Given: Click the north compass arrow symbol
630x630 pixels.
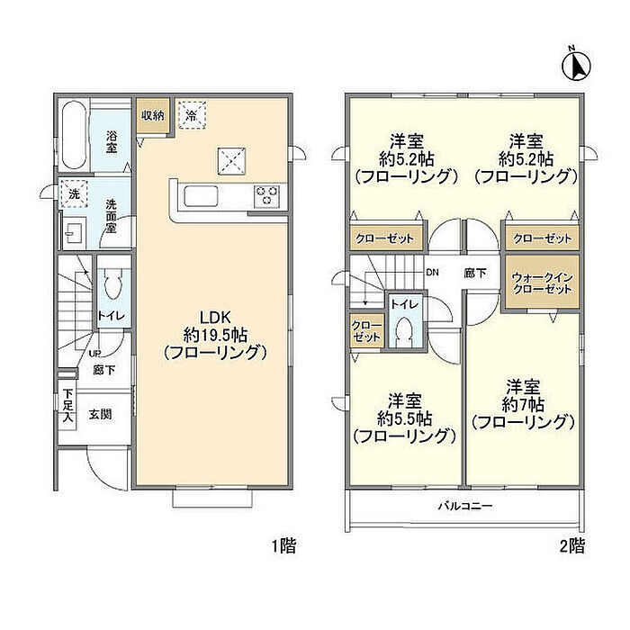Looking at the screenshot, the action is click(x=576, y=67).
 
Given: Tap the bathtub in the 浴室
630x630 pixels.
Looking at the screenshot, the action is click(x=74, y=136).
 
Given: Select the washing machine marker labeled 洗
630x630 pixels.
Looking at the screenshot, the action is click(x=74, y=193).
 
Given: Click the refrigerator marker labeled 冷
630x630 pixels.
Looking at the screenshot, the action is click(x=192, y=115).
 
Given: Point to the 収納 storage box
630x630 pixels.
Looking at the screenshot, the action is click(x=153, y=116).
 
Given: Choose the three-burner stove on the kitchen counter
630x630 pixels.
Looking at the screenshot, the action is click(x=266, y=195).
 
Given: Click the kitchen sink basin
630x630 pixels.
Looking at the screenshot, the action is click(x=201, y=197).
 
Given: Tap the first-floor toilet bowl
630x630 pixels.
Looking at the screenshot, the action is click(x=112, y=284).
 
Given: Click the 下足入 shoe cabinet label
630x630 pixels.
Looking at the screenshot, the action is click(x=67, y=406).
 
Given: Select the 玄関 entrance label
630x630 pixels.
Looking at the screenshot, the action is click(x=100, y=414).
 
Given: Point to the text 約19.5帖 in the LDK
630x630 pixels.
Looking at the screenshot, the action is click(x=215, y=335).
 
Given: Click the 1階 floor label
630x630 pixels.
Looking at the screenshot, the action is click(x=283, y=545).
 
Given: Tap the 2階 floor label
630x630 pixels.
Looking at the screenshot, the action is click(x=572, y=545).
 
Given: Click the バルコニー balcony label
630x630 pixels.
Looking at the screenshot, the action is click(x=465, y=506).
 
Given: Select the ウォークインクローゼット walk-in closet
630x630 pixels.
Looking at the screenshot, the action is click(x=542, y=283).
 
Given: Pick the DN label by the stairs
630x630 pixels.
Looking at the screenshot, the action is click(x=432, y=273).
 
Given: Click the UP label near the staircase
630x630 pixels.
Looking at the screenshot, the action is click(x=94, y=354).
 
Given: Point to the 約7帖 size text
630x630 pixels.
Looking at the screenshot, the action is click(x=523, y=404).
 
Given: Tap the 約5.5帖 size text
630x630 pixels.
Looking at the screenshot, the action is click(x=405, y=419).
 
